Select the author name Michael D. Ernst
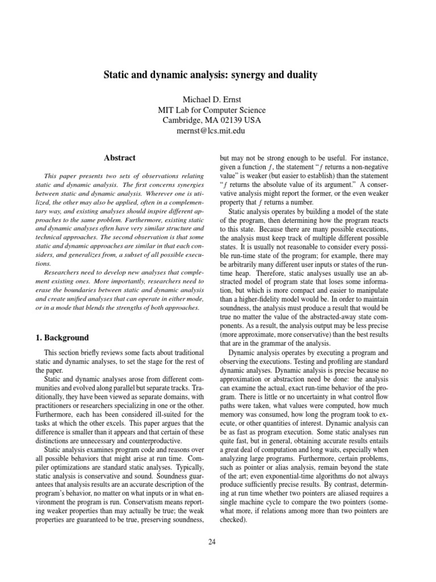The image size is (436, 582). pyautogui.click(x=218, y=99)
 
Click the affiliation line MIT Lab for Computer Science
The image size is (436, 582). pyautogui.click(x=218, y=110)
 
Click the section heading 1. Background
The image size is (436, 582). pyautogui.click(x=62, y=338)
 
